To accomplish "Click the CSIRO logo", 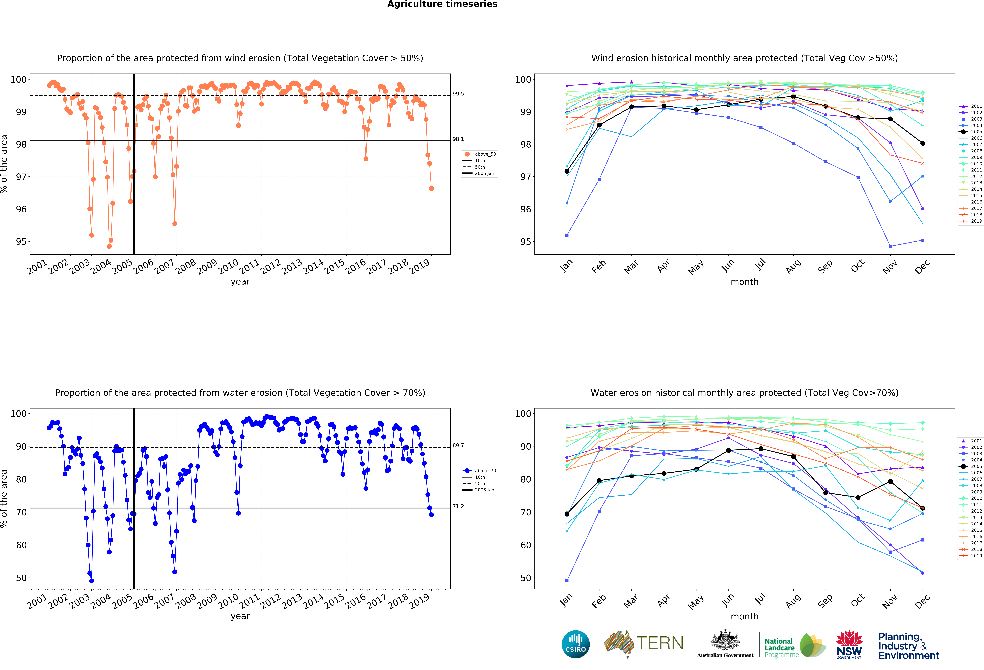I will click(x=575, y=644).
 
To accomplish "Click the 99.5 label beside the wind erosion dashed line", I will click(x=458, y=94).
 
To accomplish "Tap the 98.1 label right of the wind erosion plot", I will click(x=458, y=139).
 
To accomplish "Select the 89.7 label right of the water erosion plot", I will click(x=458, y=445).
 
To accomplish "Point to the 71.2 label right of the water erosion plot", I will click(x=458, y=506).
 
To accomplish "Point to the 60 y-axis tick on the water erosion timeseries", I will click(x=21, y=545).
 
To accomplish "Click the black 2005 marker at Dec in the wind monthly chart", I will click(x=923, y=143).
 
